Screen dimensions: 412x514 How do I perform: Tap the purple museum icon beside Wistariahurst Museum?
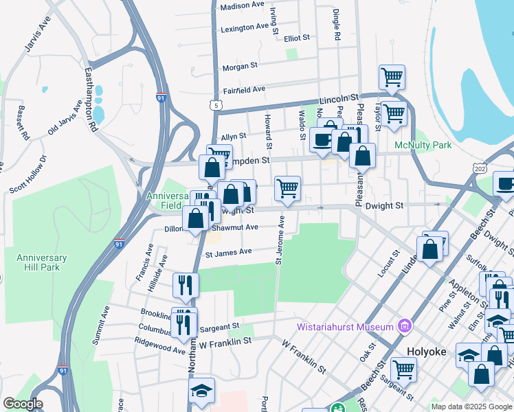click(404, 325)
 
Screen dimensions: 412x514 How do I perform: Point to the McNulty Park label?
click(423, 145)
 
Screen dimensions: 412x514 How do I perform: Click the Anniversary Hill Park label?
click(42, 262)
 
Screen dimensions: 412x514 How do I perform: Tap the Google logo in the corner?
click(23, 404)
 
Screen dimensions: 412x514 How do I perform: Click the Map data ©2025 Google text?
click(471, 407)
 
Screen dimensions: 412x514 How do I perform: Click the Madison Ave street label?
click(242, 5)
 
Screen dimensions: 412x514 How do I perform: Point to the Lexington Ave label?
click(245, 28)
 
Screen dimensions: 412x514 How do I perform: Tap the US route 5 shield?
click(217, 105)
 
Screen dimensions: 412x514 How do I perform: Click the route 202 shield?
click(480, 168)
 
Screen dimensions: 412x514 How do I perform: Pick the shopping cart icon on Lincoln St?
click(392, 78)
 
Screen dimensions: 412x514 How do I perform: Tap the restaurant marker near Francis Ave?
click(186, 284)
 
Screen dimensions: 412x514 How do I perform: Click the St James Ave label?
click(230, 252)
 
